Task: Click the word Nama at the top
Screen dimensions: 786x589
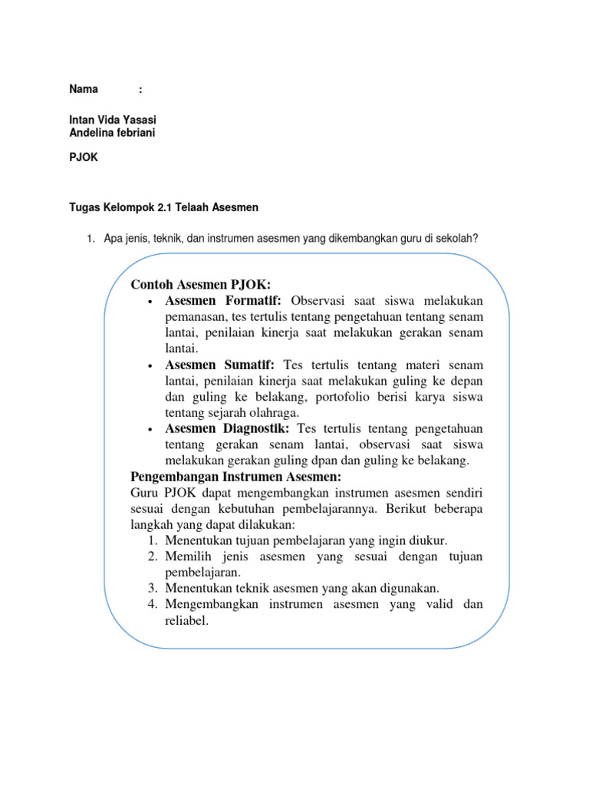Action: tap(84, 89)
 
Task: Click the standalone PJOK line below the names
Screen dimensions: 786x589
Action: tap(84, 157)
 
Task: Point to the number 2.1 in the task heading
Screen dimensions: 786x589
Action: tap(173, 207)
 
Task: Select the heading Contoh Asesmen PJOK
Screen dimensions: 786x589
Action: tap(201, 285)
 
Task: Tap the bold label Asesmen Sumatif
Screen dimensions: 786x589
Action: tap(223, 365)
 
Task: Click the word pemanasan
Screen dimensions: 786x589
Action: tap(196, 315)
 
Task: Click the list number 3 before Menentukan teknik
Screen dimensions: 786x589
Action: tap(151, 588)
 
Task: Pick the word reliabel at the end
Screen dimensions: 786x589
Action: tap(186, 620)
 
